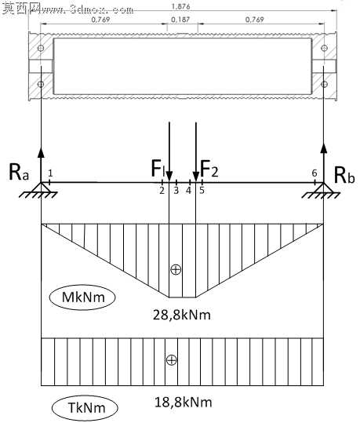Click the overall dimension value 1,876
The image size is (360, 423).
pyautogui.click(x=181, y=6)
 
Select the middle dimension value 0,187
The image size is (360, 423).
pyautogui.click(x=180, y=20)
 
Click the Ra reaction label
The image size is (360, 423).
pyautogui.click(x=19, y=173)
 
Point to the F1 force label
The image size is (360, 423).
pyautogui.click(x=158, y=168)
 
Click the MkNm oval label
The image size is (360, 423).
pyautogui.click(x=82, y=297)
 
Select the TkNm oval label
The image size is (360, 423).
pyautogui.click(x=85, y=407)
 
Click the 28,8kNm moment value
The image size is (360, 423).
pyautogui.click(x=182, y=315)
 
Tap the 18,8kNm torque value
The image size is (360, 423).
pyautogui.click(x=183, y=403)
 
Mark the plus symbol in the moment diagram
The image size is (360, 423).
pyautogui.click(x=176, y=269)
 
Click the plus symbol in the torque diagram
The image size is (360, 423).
pyautogui.click(x=172, y=360)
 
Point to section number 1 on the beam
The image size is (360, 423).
pyautogui.click(x=50, y=173)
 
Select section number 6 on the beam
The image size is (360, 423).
pyautogui.click(x=315, y=173)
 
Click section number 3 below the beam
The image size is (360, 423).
pyautogui.click(x=176, y=191)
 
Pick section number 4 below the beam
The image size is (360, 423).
pyautogui.click(x=189, y=191)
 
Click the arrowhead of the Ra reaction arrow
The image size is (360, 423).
pyautogui.click(x=41, y=152)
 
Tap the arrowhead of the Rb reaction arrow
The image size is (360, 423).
pyautogui.click(x=324, y=148)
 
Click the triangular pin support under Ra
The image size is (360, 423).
pyautogui.click(x=41, y=188)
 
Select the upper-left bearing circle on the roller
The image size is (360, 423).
pyautogui.click(x=41, y=48)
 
